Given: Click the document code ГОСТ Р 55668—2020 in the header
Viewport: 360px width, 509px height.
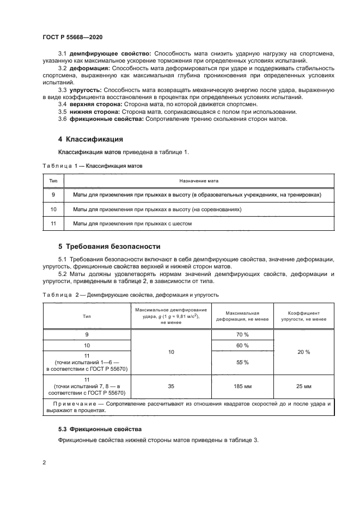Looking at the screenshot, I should (x=72, y=36).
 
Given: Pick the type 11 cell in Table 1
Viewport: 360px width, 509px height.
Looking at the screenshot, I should (x=53, y=224).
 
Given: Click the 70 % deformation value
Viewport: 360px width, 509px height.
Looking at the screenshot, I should (x=242, y=335).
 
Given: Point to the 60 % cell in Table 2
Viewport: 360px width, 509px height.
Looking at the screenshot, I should (x=242, y=346).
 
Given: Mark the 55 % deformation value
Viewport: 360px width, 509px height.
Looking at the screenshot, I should (x=242, y=362).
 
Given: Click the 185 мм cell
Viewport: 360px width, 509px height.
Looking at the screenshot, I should (x=242, y=386).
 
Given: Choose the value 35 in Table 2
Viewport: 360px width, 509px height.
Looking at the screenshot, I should (x=171, y=386).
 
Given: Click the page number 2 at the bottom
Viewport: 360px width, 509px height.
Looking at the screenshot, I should (x=44, y=462).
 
